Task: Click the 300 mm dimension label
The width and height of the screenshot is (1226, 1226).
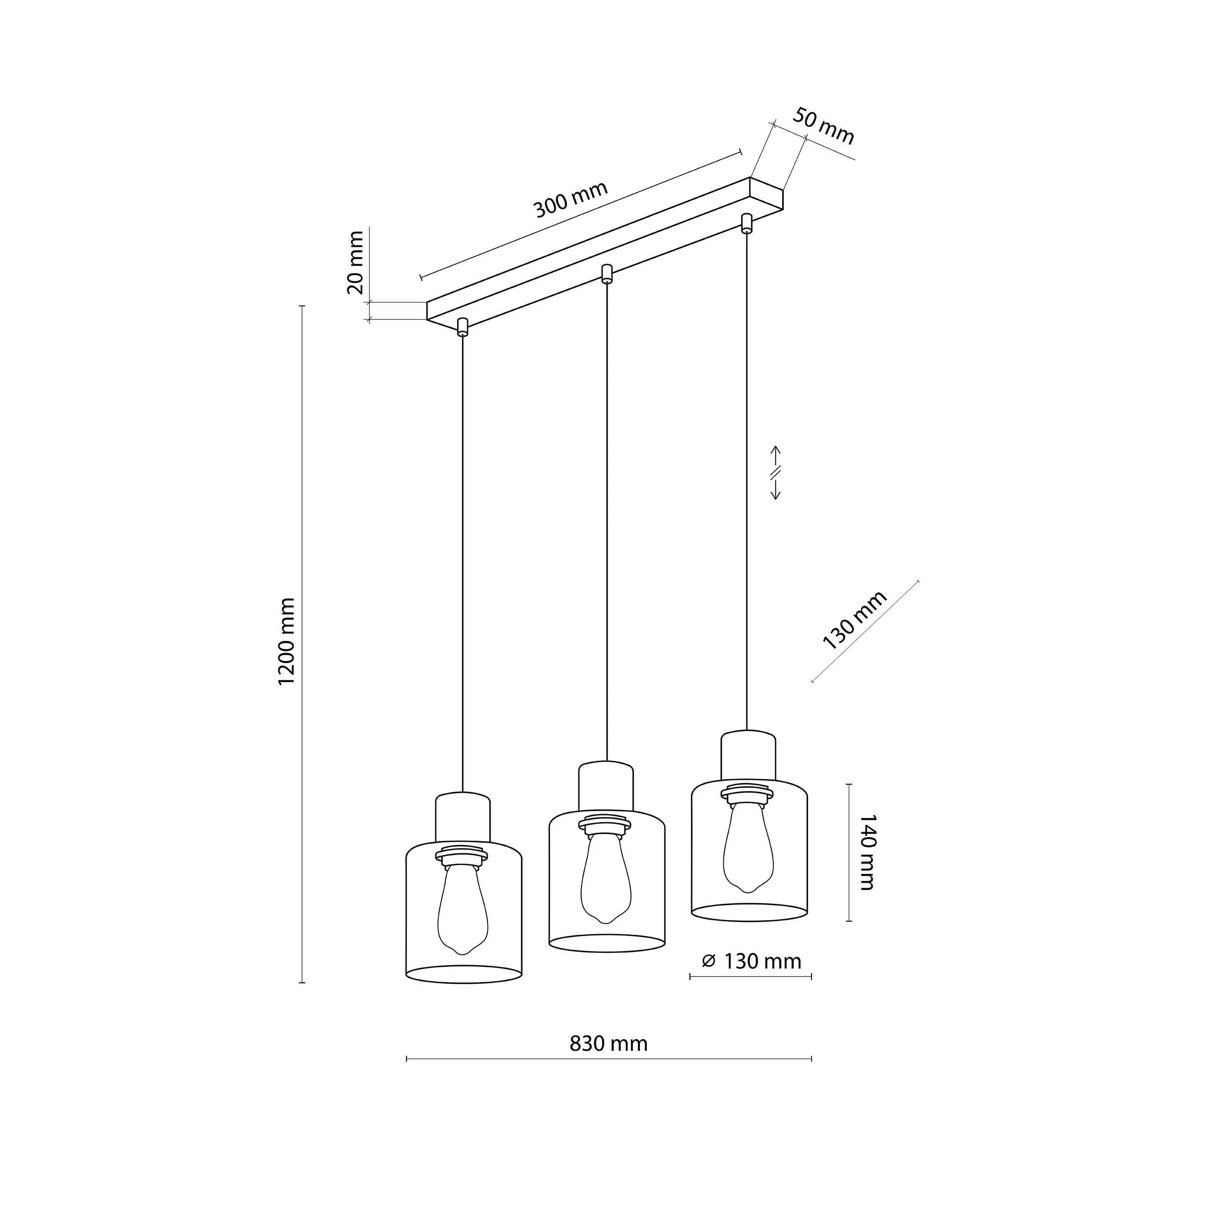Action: (x=570, y=199)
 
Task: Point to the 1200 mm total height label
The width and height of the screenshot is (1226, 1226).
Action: (x=287, y=641)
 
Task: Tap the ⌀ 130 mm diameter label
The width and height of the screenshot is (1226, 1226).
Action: (x=752, y=961)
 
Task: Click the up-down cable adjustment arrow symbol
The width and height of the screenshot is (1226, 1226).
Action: (x=775, y=473)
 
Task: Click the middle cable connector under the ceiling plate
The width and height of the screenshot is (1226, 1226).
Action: (x=607, y=274)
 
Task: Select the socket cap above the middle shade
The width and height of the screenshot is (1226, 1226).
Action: (x=606, y=787)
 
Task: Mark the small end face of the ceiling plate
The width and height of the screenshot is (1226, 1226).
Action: (x=766, y=194)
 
